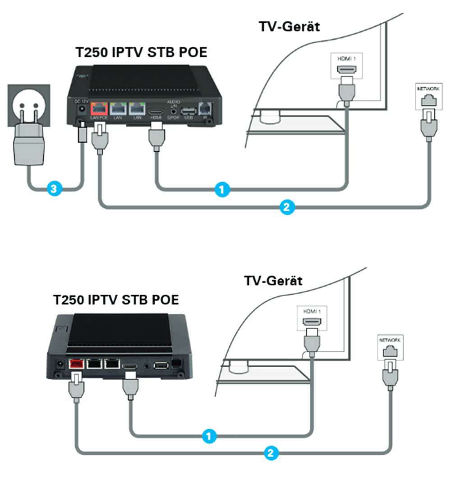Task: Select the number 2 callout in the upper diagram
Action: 285,207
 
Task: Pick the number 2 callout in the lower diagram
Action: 271,453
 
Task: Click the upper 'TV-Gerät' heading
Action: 289,26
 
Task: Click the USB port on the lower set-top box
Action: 161,365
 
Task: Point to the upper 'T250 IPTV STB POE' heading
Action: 141,52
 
